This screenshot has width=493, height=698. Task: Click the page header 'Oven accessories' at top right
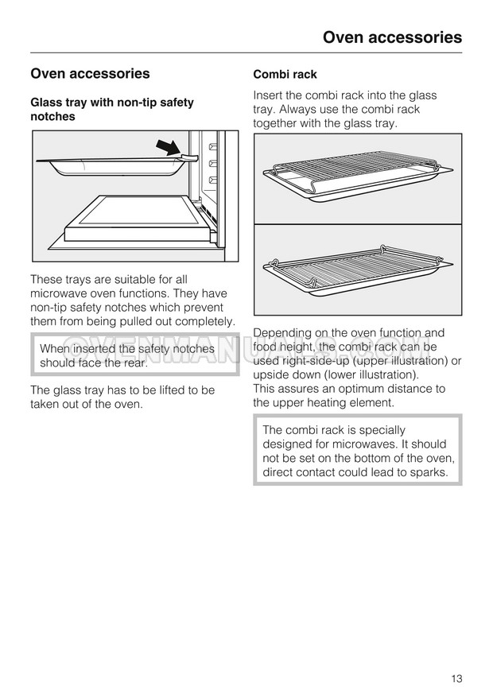pos(392,37)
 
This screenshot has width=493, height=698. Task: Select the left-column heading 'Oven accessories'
pos(90,74)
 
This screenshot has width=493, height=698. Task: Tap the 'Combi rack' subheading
pos(285,75)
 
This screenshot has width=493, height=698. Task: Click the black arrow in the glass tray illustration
pos(168,147)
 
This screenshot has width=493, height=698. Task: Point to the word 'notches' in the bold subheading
pos(52,117)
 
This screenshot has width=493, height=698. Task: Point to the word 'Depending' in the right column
pos(282,333)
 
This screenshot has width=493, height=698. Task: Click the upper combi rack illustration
pos(358,178)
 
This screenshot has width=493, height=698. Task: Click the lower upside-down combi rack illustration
pos(358,270)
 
